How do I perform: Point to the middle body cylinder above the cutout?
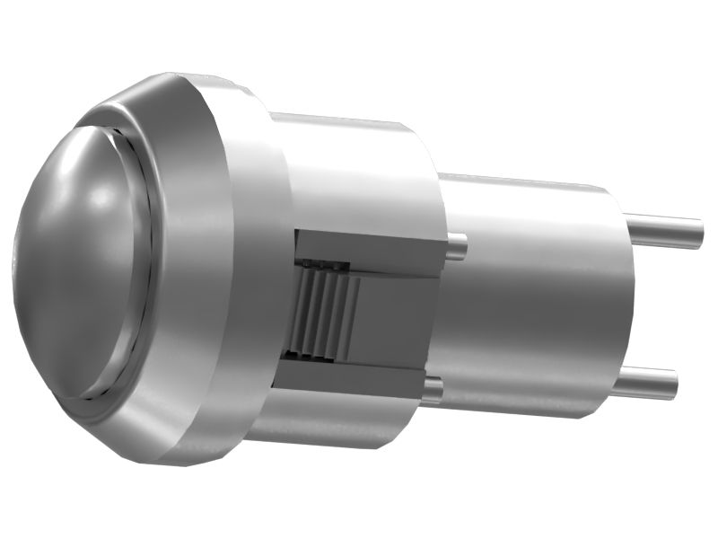click(359, 171)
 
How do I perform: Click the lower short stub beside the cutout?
click(433, 390)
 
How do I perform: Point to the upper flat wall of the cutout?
click(368, 249)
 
